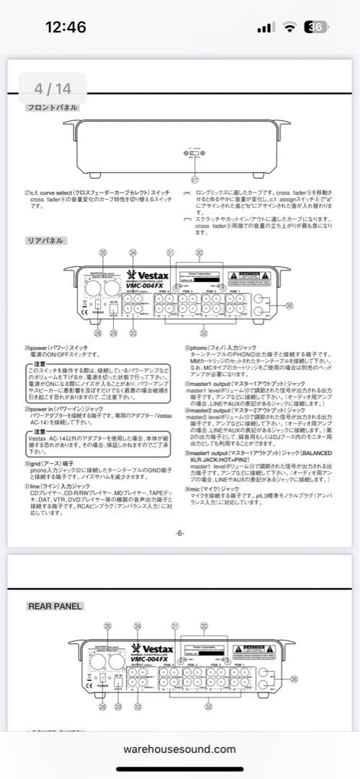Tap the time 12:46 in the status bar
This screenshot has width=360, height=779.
(x=65, y=27)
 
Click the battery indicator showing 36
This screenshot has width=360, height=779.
(x=315, y=27)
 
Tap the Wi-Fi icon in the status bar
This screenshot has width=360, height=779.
(x=290, y=27)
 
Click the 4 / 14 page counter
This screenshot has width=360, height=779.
(x=53, y=89)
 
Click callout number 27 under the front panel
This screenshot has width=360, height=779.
(x=194, y=179)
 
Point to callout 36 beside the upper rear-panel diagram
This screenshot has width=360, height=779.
(x=290, y=305)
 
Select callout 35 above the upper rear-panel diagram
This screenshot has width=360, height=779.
(x=103, y=252)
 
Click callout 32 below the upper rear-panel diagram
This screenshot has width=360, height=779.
(x=203, y=333)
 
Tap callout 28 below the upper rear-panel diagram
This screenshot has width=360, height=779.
(x=97, y=333)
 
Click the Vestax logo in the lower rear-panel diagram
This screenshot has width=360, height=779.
(x=151, y=647)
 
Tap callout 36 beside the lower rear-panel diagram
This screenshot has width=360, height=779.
(x=293, y=679)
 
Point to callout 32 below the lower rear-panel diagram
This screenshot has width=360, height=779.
(x=209, y=708)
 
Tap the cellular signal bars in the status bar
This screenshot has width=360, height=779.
(x=265, y=27)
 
